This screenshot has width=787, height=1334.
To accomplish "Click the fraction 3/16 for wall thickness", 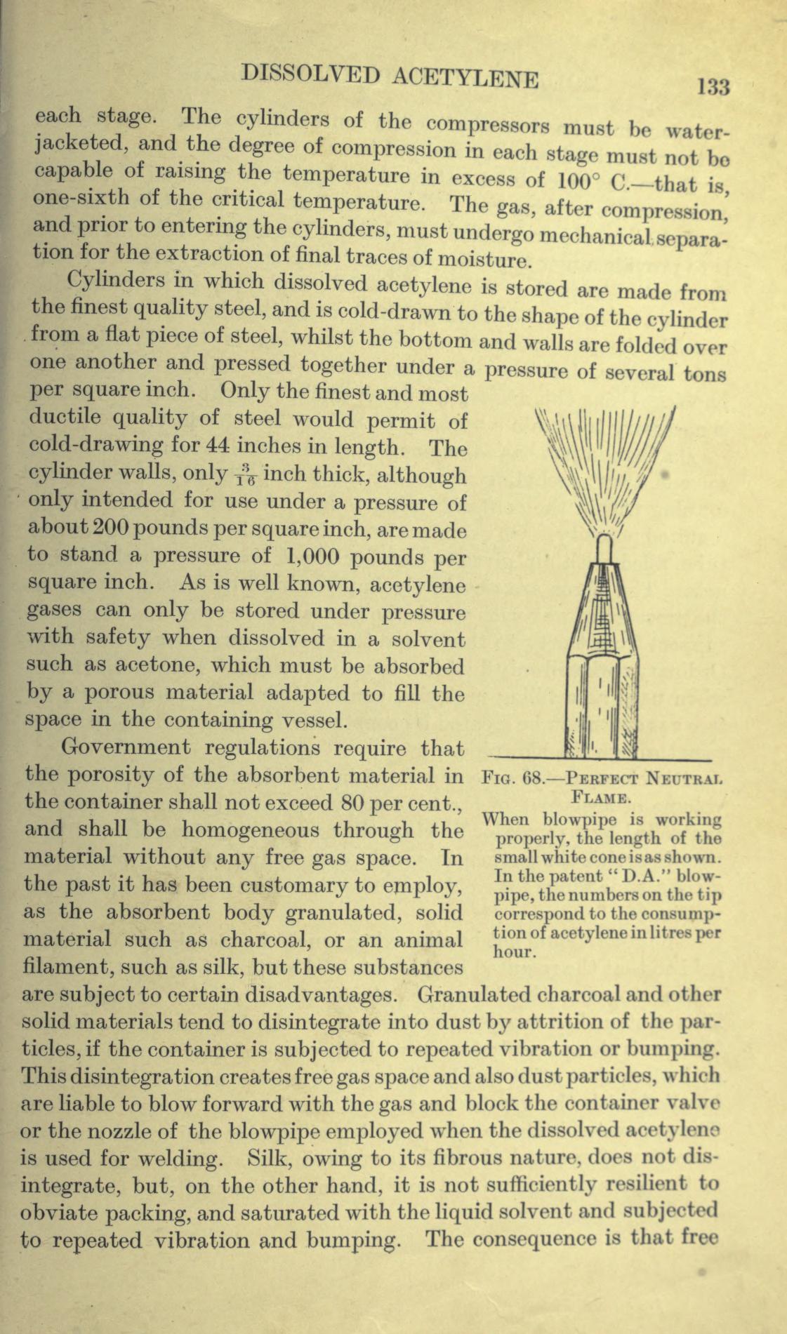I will tap(245, 476).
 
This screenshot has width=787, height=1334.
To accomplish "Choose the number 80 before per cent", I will tap(355, 802).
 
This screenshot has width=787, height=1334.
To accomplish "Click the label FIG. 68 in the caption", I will tap(517, 778).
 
